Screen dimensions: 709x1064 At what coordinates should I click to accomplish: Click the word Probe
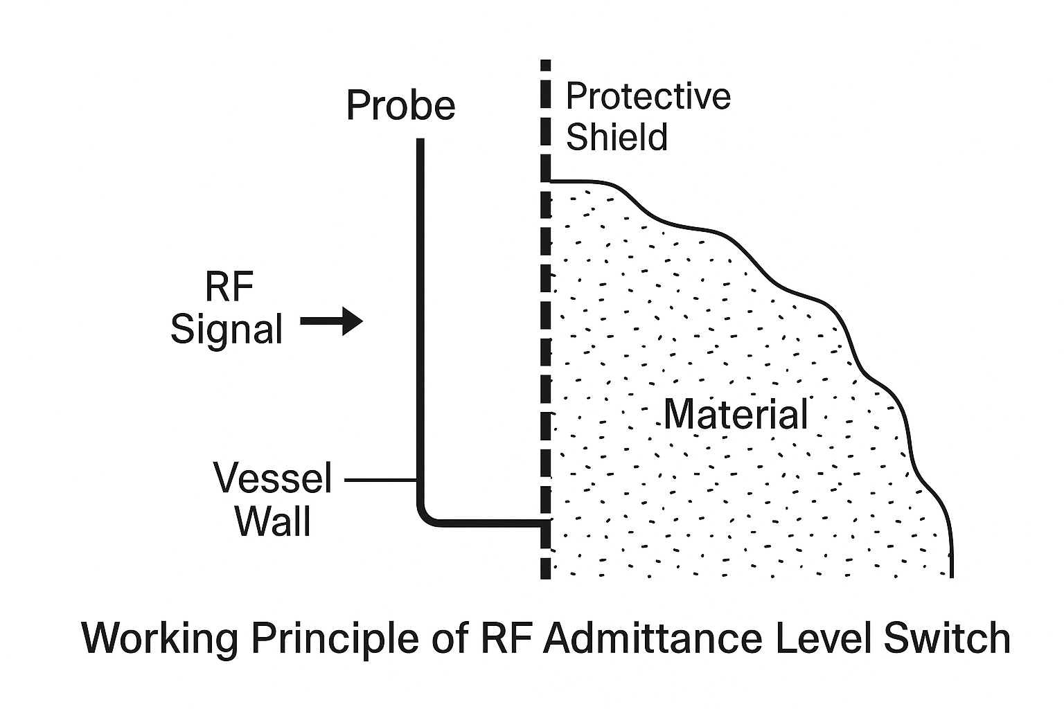click(x=400, y=106)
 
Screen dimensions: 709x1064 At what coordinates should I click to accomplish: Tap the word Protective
click(x=648, y=96)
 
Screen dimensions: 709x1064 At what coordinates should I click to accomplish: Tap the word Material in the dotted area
click(x=736, y=414)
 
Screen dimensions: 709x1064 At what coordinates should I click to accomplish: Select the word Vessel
click(x=273, y=478)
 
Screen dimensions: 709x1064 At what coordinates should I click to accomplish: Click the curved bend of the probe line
click(x=425, y=515)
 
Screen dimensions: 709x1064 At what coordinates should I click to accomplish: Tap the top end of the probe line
click(x=420, y=141)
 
